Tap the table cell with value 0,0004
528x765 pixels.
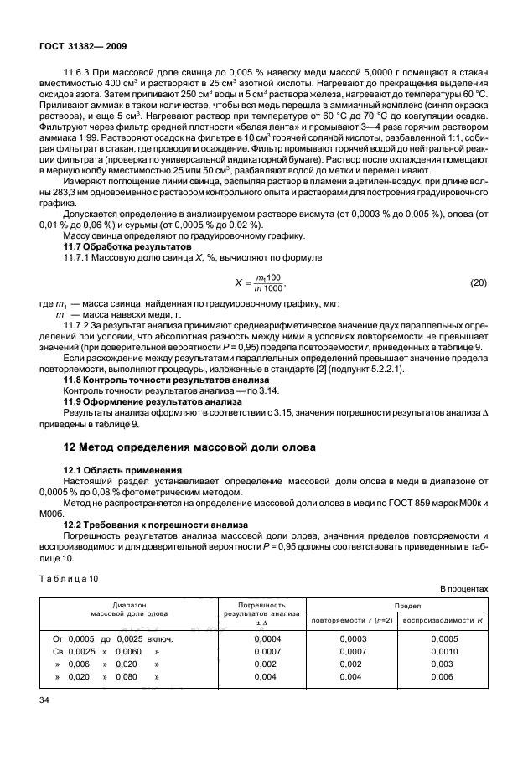[x=267, y=639]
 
